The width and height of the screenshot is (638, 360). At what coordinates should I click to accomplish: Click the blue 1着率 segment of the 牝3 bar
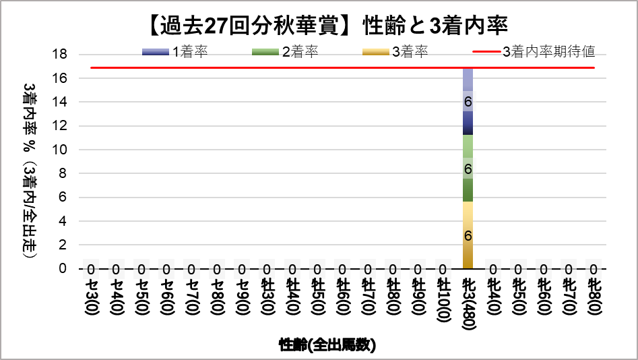click(468, 101)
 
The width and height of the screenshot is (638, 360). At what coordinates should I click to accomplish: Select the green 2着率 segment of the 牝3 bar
click(468, 169)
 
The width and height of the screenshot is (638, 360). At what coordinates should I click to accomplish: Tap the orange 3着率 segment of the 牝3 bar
click(468, 235)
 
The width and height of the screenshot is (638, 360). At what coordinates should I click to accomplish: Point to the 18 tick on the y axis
click(60, 55)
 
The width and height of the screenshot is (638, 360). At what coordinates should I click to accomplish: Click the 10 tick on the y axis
click(60, 150)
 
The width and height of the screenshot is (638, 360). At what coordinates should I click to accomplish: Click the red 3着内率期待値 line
click(269, 67)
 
